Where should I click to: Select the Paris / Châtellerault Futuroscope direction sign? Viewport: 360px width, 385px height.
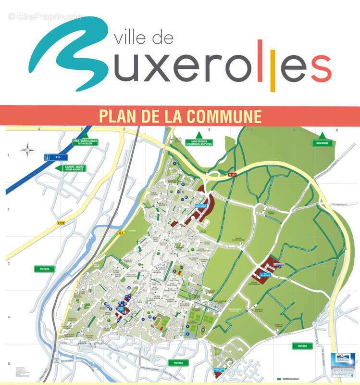click(82, 142)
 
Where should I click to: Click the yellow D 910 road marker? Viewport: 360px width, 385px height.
click(61, 222)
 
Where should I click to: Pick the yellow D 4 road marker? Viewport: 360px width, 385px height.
click(121, 233)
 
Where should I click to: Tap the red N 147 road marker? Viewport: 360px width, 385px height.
click(233, 175)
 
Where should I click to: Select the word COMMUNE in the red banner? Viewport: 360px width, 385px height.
click(224, 116)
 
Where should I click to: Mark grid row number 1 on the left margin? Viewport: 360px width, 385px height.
click(8, 155)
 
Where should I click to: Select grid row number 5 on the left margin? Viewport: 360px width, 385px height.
click(8, 364)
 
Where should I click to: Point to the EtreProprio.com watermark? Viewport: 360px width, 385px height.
click(46, 17)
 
